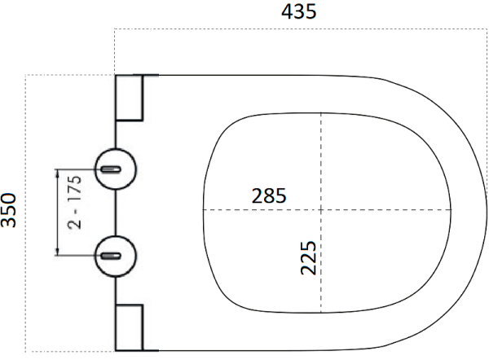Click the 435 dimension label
[x=298, y=11]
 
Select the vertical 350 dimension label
[x=11, y=211]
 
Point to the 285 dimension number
[x=268, y=195]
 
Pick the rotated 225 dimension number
[x=308, y=257]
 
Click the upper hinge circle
[x=114, y=169]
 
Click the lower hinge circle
[x=114, y=255]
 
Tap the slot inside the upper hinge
[x=112, y=169]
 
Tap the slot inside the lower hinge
[x=112, y=256]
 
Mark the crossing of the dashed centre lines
[x=321, y=211]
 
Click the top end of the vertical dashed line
[x=321, y=112]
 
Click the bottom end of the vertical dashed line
[x=321, y=314]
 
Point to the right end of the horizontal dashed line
[x=453, y=211]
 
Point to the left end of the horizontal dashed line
[x=201, y=211]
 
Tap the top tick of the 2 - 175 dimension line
[x=57, y=169]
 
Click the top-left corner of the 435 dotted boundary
[x=115, y=29]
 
